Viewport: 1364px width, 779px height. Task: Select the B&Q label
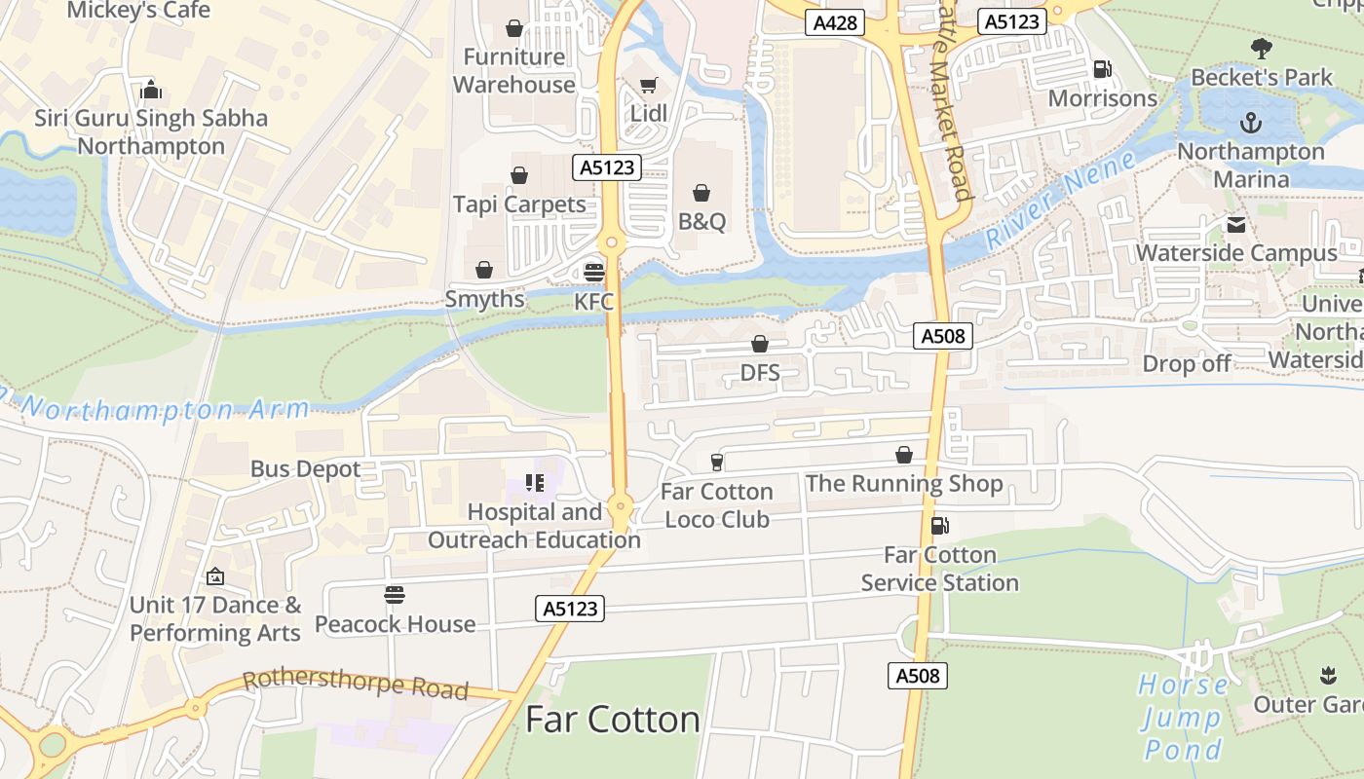click(701, 221)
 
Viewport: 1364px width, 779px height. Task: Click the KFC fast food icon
click(593, 272)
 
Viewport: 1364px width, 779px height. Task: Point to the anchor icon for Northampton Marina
click(1250, 123)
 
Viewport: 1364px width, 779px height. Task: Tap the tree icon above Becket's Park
click(1261, 49)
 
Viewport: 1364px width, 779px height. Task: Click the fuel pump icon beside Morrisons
click(1103, 69)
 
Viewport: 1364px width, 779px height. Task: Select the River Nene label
click(1059, 202)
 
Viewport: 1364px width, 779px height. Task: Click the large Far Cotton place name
click(612, 720)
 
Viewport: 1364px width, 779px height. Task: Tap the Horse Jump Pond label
click(1183, 717)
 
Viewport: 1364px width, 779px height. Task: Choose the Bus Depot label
click(305, 468)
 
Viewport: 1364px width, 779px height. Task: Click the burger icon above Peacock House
click(395, 595)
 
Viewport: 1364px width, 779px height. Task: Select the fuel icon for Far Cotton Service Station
click(939, 526)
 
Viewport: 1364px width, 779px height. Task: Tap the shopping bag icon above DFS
click(760, 344)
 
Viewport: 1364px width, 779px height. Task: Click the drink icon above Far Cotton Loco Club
click(717, 462)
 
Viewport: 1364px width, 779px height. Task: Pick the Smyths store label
click(484, 299)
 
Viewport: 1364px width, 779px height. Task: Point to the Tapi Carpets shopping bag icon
click(519, 175)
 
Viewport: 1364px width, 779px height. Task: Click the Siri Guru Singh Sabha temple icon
click(151, 90)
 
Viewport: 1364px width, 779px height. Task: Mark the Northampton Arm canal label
click(156, 409)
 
